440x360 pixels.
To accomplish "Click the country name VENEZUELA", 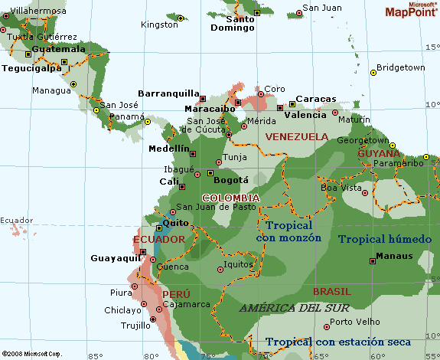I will click(295, 136).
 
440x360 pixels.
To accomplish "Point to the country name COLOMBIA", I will click(230, 198).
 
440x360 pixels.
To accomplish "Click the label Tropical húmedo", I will click(385, 239).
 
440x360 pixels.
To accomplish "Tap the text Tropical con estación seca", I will click(338, 342).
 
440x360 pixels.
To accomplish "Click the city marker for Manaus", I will click(373, 260).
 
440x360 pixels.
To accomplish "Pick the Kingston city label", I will click(159, 25).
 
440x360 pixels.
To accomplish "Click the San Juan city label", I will click(322, 8).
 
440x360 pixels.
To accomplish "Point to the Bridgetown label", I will click(400, 67).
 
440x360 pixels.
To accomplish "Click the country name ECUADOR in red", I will click(159, 240).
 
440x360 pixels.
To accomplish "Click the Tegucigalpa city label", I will click(31, 67).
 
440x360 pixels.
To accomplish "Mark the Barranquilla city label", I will click(168, 93).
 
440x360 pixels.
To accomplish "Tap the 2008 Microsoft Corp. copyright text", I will click(31, 354).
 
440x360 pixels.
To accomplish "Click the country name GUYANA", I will click(378, 153).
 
